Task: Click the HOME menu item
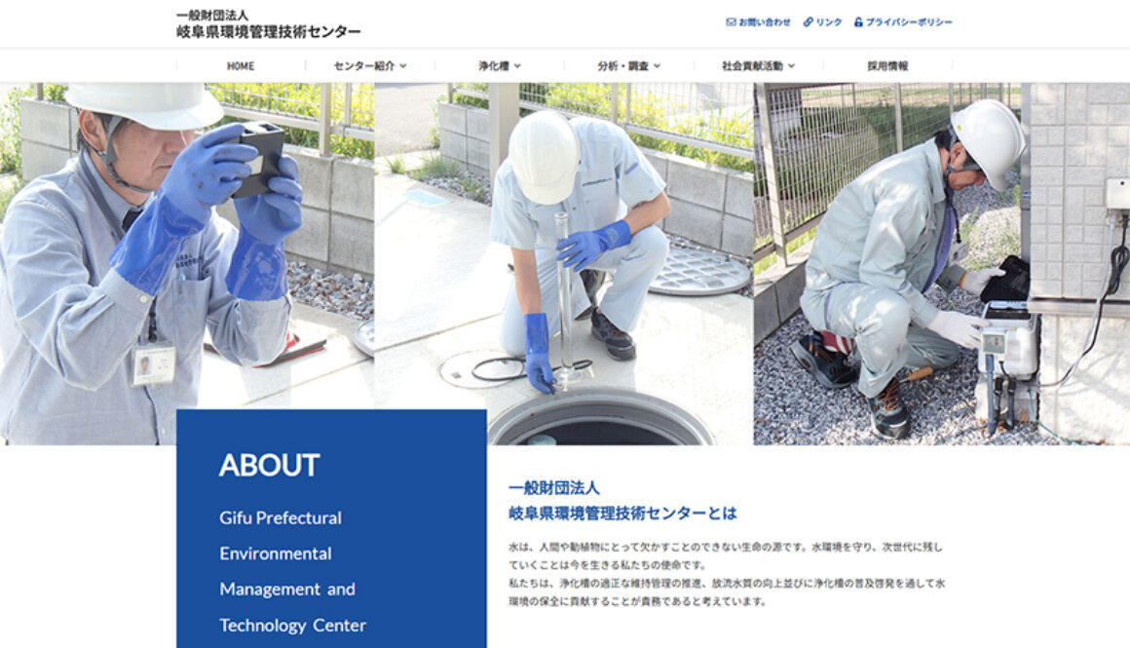(241, 66)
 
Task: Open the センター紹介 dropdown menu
(370, 66)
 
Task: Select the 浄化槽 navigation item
(499, 66)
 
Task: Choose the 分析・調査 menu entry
(628, 66)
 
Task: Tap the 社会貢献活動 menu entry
(758, 66)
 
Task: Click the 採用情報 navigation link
(887, 66)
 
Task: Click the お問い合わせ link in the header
(759, 22)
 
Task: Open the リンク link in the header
(823, 22)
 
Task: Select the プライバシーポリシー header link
(903, 22)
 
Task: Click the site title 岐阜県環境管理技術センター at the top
(268, 32)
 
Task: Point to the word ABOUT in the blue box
(269, 465)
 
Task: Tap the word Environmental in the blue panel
(276, 553)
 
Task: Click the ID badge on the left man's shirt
(154, 364)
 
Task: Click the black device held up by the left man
(260, 158)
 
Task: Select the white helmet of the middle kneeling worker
(543, 156)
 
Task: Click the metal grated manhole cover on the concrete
(698, 270)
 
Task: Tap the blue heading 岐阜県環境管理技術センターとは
(622, 513)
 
